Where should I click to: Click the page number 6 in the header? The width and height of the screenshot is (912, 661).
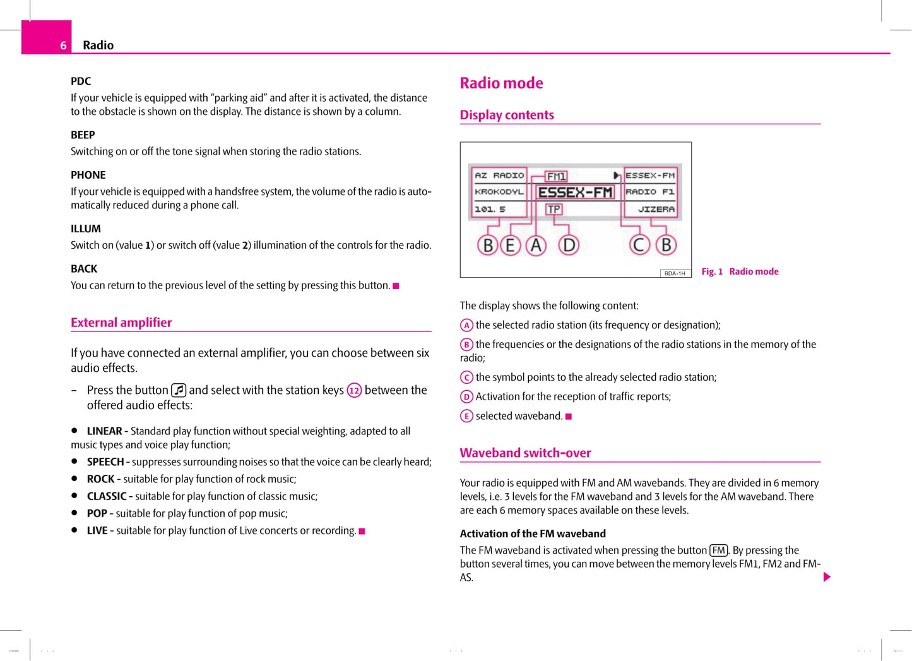click(63, 45)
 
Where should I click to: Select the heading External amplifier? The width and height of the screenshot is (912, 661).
click(121, 323)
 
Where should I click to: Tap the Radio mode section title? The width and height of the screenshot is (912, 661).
click(501, 83)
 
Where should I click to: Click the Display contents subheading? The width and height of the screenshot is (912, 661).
click(507, 115)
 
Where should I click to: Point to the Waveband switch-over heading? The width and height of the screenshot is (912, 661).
click(525, 453)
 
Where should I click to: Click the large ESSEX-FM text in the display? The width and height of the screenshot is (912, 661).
click(575, 193)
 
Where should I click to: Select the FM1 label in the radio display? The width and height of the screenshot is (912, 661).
click(556, 176)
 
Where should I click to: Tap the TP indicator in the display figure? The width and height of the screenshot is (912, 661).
click(554, 209)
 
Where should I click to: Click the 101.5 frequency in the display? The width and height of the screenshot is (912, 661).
click(490, 209)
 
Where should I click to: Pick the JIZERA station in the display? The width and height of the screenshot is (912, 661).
click(656, 209)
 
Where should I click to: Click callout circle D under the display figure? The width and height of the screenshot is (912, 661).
click(569, 245)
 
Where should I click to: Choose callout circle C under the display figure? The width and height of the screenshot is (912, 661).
click(639, 245)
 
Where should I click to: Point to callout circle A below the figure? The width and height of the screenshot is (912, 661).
click(536, 245)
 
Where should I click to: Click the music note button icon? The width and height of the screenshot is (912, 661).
click(179, 390)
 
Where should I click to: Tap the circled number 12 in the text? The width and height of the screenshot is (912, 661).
click(354, 391)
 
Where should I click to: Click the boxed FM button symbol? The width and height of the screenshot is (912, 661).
click(718, 551)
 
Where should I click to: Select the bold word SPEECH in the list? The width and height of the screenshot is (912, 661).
click(105, 462)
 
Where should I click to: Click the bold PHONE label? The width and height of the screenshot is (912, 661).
click(88, 175)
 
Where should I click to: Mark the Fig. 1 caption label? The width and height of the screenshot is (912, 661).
click(712, 271)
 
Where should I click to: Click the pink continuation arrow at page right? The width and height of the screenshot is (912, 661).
click(827, 577)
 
